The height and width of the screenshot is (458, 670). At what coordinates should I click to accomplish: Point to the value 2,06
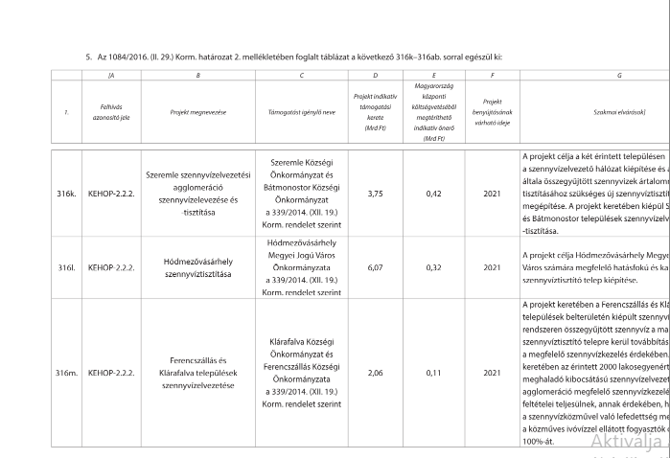coord(376,374)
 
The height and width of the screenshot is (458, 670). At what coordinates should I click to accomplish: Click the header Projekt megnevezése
coord(197,112)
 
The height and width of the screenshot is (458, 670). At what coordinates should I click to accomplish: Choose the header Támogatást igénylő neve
coord(300,112)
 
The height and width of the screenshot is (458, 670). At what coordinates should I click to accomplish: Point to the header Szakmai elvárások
coord(619,112)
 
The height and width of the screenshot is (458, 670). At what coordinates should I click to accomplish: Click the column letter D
coord(376,75)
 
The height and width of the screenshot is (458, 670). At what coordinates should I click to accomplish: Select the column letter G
coord(619,75)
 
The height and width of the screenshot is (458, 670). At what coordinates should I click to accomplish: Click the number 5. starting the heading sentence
coord(88,57)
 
